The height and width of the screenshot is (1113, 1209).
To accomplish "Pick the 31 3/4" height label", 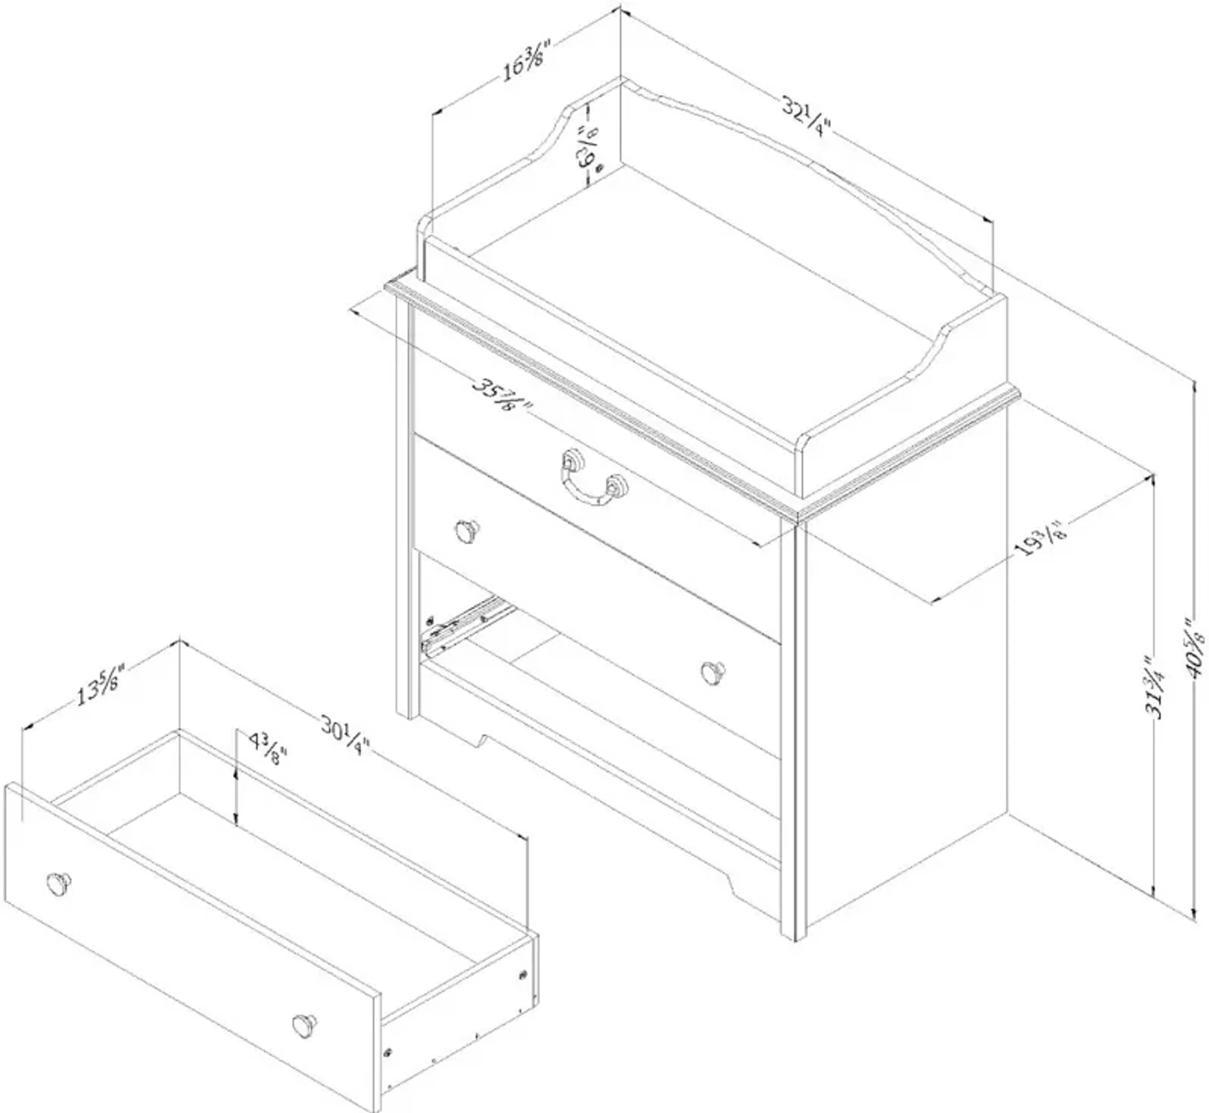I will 1155,688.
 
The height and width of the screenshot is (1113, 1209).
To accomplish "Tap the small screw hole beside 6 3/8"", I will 599,170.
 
